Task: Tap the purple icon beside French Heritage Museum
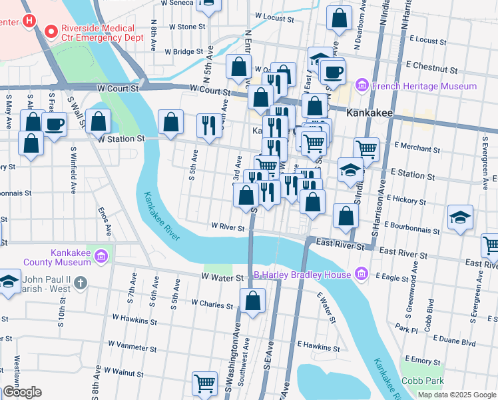[x=362, y=86]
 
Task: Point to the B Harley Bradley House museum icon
[x=361, y=274]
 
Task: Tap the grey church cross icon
[x=79, y=283]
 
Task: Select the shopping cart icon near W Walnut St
[x=204, y=383]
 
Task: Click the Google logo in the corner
[x=22, y=392]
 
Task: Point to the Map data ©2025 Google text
[x=456, y=395]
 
